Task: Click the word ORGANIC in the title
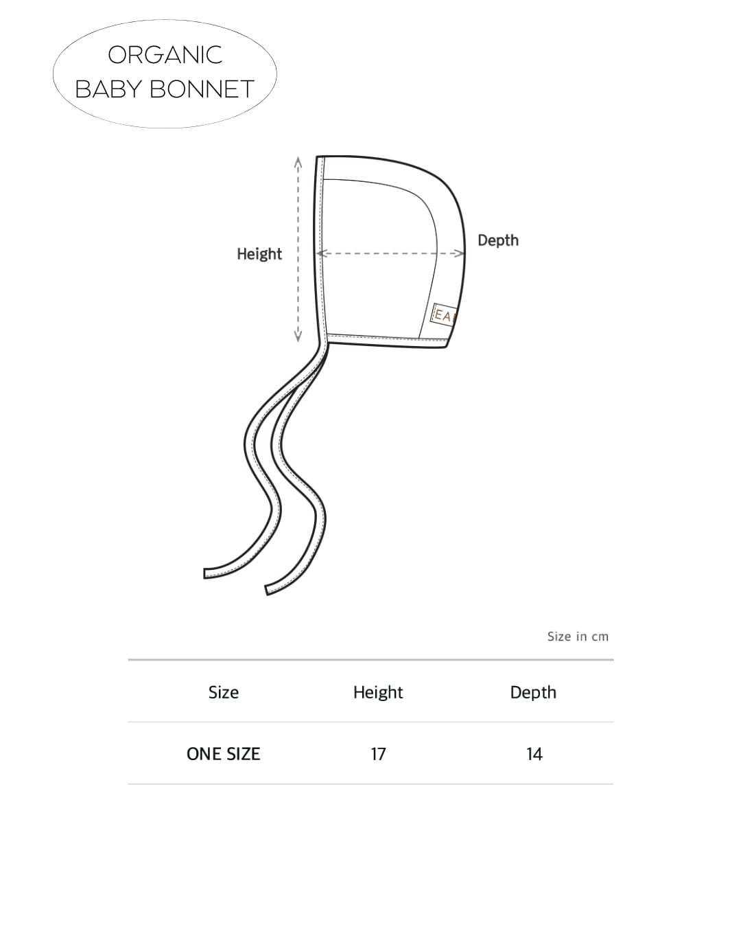pyautogui.click(x=165, y=55)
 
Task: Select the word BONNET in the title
pyautogui.click(x=202, y=89)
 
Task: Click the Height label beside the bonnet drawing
pyautogui.click(x=259, y=254)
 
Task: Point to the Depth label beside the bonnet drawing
pyautogui.click(x=498, y=240)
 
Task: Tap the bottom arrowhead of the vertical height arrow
pyautogui.click(x=298, y=336)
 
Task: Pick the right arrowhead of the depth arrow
pyautogui.click(x=460, y=253)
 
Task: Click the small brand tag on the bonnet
pyautogui.click(x=443, y=315)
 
